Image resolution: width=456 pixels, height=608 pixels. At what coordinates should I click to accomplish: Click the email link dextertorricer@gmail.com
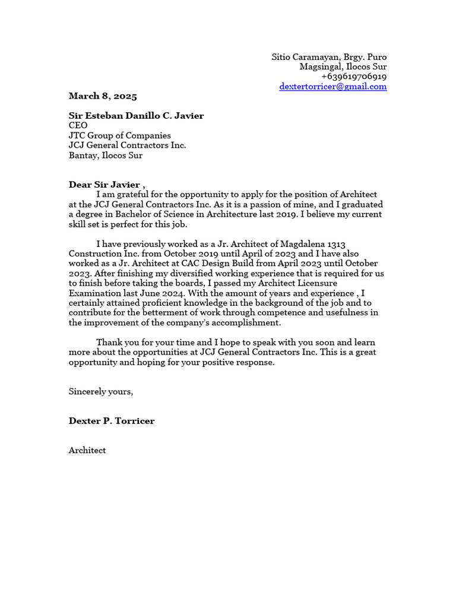coord(333,87)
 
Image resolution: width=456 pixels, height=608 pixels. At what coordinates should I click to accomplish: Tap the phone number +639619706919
coord(354,77)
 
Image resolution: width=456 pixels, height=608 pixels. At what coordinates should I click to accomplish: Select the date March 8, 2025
coord(103,96)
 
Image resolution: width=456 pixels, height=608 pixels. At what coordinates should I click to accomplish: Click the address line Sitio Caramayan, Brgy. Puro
coord(329,57)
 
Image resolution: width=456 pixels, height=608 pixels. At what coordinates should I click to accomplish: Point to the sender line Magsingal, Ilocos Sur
coord(343,67)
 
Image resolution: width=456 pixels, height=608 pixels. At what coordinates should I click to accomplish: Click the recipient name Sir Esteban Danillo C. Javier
coord(136,116)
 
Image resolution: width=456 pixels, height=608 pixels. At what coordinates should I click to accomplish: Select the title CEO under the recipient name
coord(78,126)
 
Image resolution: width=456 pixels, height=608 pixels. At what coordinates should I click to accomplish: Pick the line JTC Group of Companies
coord(119,136)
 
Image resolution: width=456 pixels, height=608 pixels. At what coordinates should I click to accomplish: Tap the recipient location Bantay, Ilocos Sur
coord(106,156)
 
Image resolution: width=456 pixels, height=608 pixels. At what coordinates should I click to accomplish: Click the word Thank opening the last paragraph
coord(109,343)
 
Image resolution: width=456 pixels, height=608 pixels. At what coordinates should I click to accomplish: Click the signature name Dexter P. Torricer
coord(112,421)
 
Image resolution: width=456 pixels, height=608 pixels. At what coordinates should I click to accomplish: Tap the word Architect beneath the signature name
coord(87,451)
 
